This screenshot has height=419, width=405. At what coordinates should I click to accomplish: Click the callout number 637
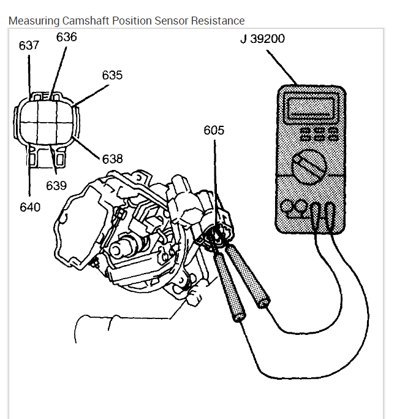pos(29,46)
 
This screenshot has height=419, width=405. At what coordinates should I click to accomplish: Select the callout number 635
pos(112,75)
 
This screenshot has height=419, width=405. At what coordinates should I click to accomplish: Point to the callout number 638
pos(112,159)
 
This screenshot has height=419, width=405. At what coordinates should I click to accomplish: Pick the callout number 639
pos(56,185)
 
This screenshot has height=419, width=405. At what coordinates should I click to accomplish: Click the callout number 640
pos(29,207)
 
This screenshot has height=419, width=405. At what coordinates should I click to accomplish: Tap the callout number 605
pos(214,130)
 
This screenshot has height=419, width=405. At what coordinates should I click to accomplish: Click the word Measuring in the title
pos(34,21)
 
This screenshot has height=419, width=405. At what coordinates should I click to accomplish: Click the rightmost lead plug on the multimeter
pos(329,212)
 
